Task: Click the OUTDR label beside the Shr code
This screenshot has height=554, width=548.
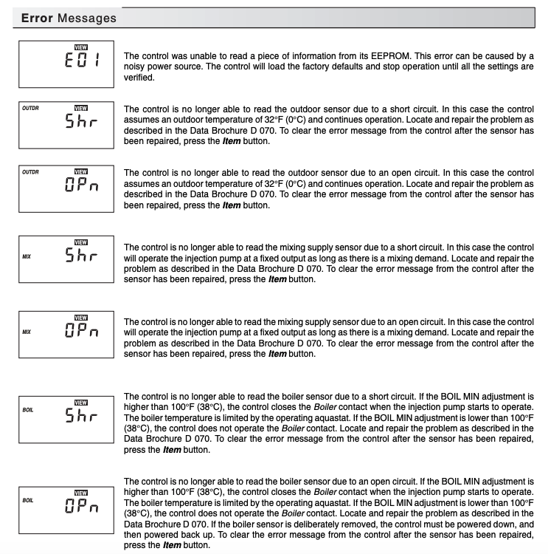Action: [x=30, y=108]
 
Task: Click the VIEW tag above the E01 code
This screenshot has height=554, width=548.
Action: [x=81, y=44]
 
